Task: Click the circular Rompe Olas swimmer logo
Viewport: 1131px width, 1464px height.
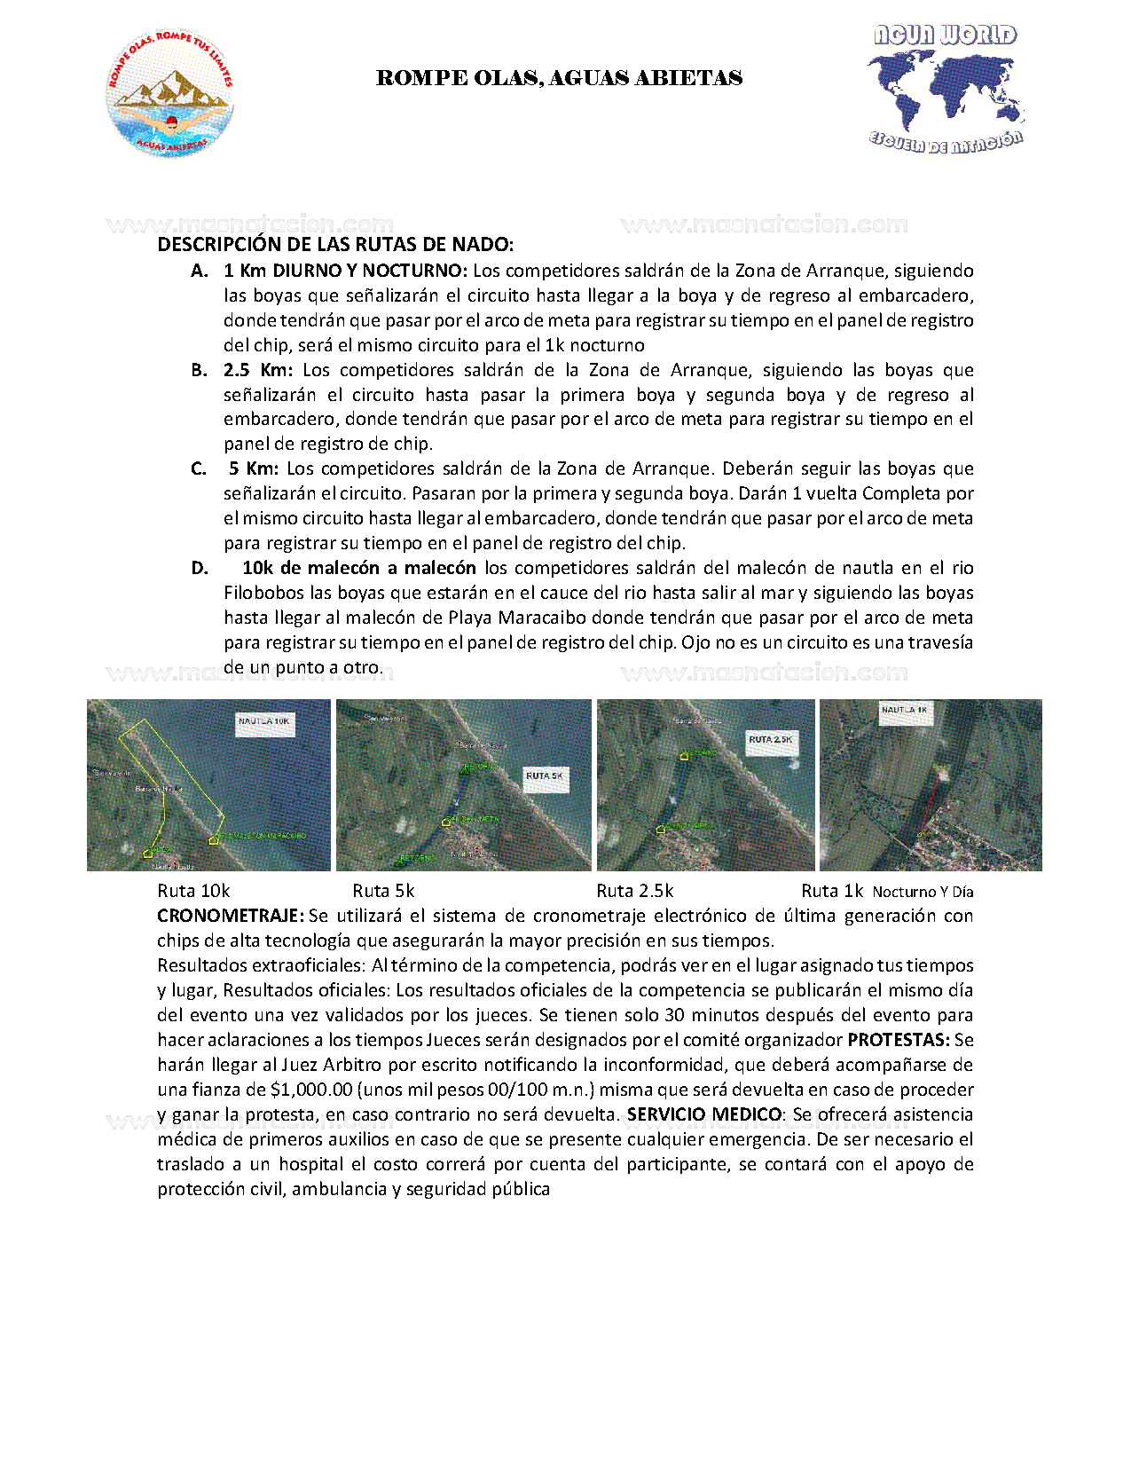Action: (x=170, y=95)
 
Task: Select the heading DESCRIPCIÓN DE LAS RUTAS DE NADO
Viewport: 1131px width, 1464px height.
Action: (x=335, y=245)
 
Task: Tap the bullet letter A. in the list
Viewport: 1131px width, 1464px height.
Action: (x=200, y=271)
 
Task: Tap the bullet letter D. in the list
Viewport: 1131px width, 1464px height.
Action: (x=200, y=568)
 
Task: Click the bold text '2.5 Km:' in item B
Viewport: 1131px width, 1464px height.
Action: (x=258, y=370)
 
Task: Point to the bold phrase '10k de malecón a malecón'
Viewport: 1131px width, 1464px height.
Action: (x=358, y=568)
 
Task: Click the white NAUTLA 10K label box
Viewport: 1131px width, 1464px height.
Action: (x=263, y=722)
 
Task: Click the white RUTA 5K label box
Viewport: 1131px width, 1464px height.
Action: (x=545, y=776)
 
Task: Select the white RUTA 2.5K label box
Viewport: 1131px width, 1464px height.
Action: (x=770, y=740)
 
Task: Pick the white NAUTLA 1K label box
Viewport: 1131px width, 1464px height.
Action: (x=905, y=711)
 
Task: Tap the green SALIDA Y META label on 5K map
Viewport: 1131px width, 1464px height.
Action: (x=473, y=819)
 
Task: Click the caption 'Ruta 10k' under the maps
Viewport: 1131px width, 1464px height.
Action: (x=193, y=891)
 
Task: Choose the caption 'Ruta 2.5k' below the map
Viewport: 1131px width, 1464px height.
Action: (x=634, y=891)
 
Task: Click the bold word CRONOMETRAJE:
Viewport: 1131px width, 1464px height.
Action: (x=231, y=916)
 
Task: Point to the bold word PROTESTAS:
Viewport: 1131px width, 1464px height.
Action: (x=899, y=1040)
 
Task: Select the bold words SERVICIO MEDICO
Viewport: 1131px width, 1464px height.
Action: (x=704, y=1114)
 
